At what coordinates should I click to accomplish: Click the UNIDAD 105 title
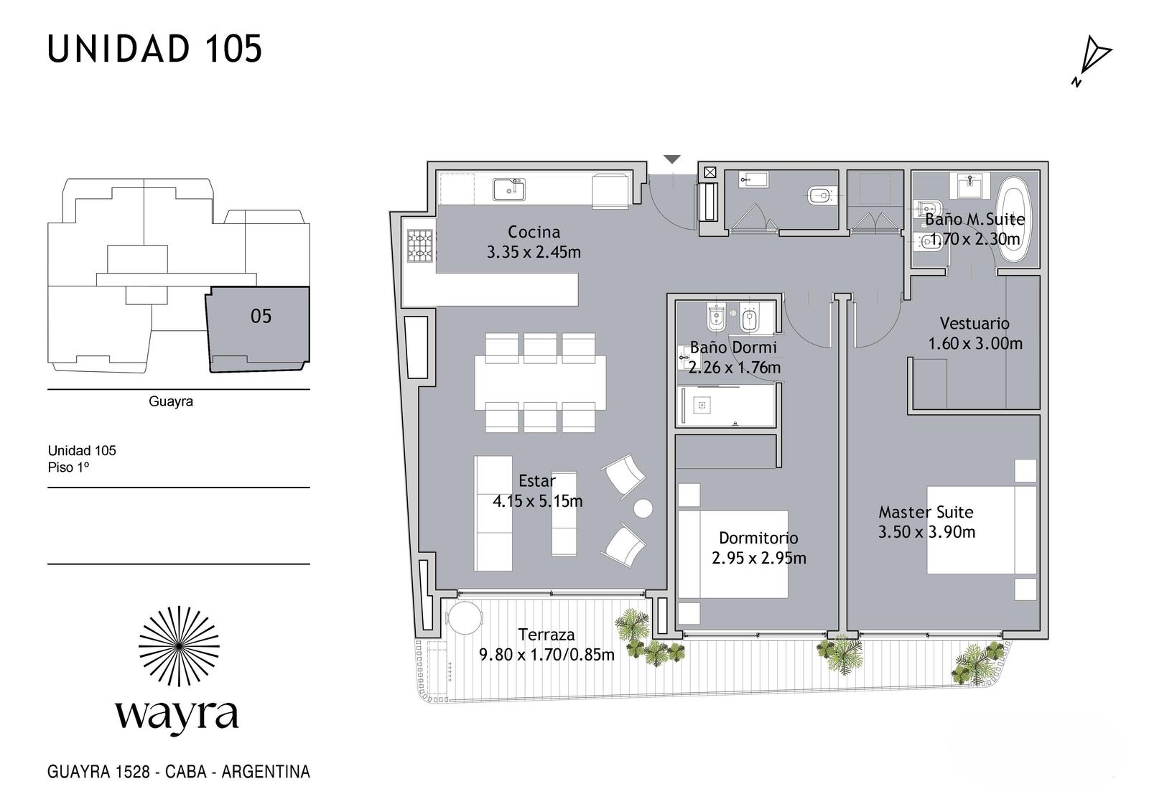pos(154,50)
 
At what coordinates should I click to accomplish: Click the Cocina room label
pos(534,232)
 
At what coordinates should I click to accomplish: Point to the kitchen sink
pos(509,190)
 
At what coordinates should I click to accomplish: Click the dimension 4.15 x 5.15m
pos(538,501)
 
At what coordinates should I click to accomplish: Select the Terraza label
pos(546,635)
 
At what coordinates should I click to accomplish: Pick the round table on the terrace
pos(465,619)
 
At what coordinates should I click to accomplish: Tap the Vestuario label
pos(974,323)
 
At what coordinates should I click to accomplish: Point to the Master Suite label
pos(926,512)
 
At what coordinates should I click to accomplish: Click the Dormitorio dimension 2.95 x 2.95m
pos(758,558)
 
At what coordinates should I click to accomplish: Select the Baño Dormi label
pos(733,347)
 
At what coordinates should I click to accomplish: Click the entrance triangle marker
pos(672,159)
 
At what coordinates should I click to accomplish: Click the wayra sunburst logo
pos(179,646)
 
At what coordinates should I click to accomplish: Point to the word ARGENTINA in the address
pos(266,772)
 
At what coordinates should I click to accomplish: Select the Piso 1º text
pos(68,468)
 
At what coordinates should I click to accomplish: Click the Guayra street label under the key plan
pos(171,401)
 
